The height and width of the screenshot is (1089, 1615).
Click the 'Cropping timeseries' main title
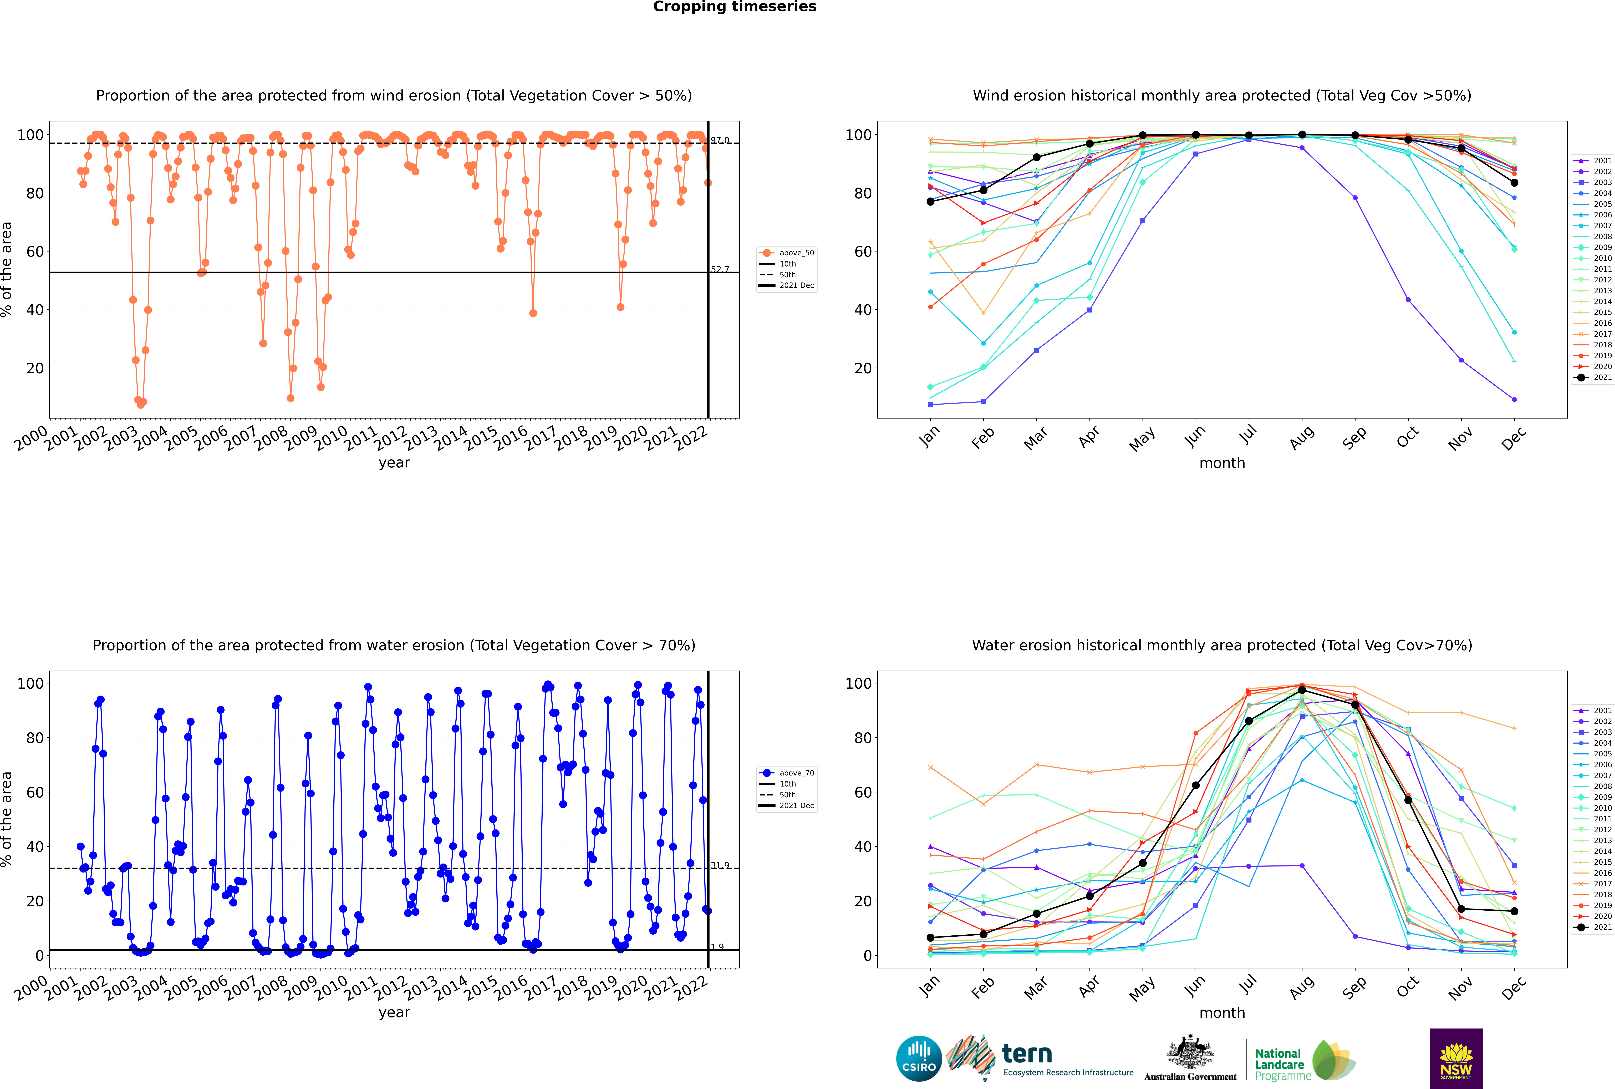(735, 7)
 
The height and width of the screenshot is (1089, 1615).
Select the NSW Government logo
(1456, 1058)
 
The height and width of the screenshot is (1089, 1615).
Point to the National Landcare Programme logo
(1305, 1061)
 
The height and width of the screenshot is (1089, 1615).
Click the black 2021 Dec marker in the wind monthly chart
(1514, 183)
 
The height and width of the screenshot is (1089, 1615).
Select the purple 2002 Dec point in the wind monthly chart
(1514, 400)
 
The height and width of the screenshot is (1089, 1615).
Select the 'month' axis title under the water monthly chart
(1222, 1013)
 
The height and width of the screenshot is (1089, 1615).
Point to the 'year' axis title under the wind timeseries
(394, 463)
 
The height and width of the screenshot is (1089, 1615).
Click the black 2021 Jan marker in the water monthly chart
(930, 938)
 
